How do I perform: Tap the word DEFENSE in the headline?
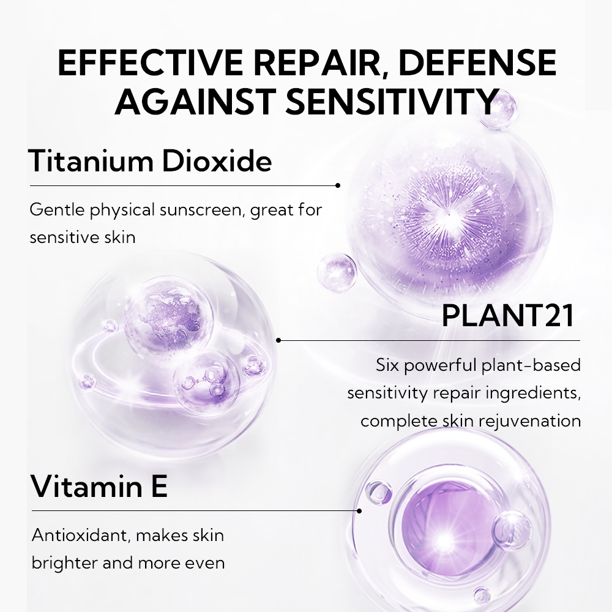click(477, 62)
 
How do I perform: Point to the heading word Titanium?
click(91, 160)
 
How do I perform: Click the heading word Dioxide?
click(217, 160)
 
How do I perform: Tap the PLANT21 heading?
click(508, 316)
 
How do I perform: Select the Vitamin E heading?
click(99, 486)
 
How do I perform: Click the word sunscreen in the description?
click(202, 210)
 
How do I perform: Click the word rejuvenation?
click(529, 421)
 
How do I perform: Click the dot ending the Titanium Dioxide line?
click(338, 185)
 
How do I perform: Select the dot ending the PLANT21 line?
click(278, 340)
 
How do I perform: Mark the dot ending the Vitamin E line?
click(359, 510)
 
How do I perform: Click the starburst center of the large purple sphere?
click(449, 214)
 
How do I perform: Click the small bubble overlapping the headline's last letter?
click(496, 109)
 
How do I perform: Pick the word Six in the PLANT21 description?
click(387, 365)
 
